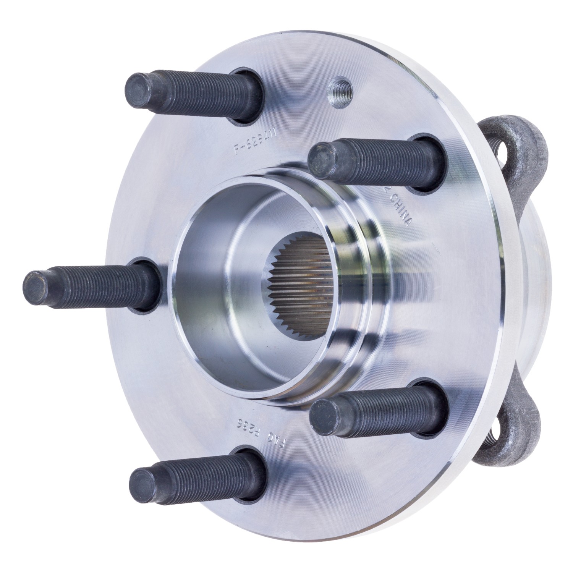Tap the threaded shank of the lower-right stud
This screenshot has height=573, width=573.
(x=382, y=405)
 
